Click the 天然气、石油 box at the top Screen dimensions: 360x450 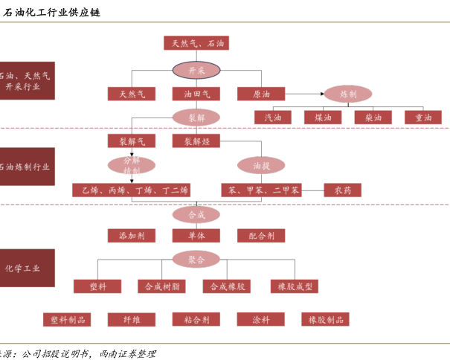[x=196, y=43]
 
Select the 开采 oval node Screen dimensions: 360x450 [x=196, y=70]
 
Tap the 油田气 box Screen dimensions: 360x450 [x=196, y=94]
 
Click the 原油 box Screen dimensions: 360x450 [x=261, y=94]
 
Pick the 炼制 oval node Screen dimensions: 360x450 [x=348, y=94]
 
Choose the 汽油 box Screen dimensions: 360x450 [x=273, y=118]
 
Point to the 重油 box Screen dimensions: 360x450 [x=423, y=118]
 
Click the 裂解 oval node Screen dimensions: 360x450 [x=196, y=117]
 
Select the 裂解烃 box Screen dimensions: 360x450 [x=196, y=141]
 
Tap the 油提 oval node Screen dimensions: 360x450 [x=261, y=164]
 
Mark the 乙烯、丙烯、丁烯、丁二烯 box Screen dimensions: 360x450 [x=131, y=190]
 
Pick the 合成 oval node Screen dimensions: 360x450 [x=196, y=214]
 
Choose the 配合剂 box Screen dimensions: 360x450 [x=261, y=236]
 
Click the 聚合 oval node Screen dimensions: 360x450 [x=196, y=260]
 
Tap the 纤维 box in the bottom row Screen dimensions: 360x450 [x=131, y=319]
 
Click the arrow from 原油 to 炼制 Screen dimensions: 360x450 [x=304, y=94]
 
